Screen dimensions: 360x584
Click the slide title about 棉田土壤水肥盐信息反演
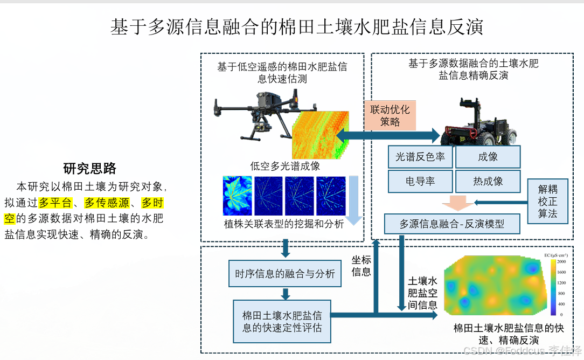pyautogui.click(x=296, y=27)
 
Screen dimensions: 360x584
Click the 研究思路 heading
pyautogui.click(x=89, y=169)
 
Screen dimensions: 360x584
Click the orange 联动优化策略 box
pyautogui.click(x=390, y=116)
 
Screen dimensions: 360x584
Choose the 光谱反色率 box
pyautogui.click(x=420, y=157)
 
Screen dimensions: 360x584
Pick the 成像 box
pyautogui.click(x=488, y=157)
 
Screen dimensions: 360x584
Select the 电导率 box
pyautogui.click(x=420, y=182)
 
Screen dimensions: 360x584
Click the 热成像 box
pyautogui.click(x=488, y=182)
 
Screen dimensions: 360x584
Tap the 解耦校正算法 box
pyautogui.click(x=547, y=202)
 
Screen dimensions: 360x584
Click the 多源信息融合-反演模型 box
pyautogui.click(x=451, y=223)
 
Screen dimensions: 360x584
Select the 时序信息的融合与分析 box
pyautogui.click(x=284, y=274)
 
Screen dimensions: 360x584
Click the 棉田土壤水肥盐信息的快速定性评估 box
pyautogui.click(x=282, y=321)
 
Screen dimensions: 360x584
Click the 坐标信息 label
pyautogui.click(x=361, y=266)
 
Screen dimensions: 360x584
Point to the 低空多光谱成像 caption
pyautogui.click(x=285, y=166)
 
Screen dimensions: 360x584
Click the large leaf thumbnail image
pyautogui.click(x=237, y=195)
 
